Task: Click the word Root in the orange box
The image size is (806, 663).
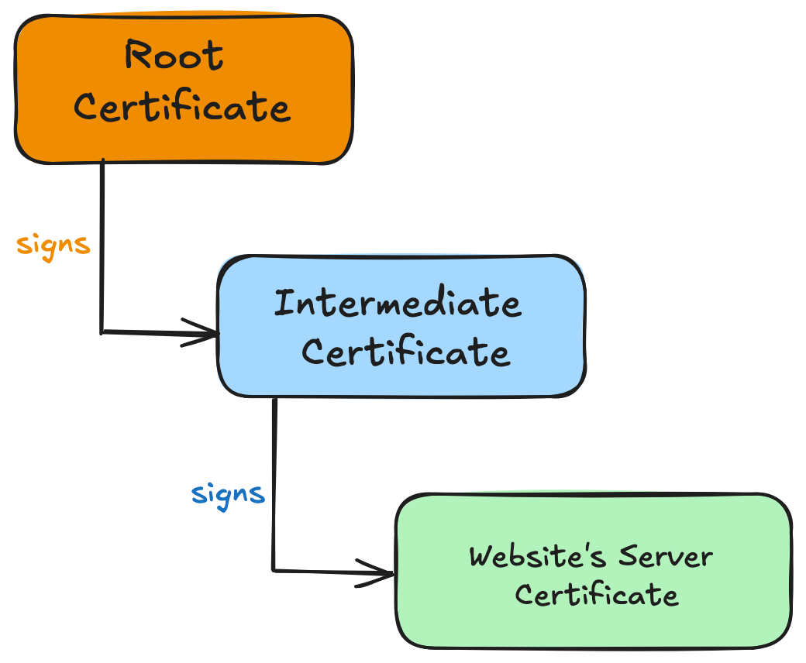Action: coord(174,56)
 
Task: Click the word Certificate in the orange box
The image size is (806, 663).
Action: coord(182,107)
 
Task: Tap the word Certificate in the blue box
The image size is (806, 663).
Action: coord(405,352)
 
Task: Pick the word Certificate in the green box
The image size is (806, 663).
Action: coord(596,595)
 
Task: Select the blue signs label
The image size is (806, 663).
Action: coord(228,493)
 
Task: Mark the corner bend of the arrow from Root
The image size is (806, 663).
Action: coord(102,333)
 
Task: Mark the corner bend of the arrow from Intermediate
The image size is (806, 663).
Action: coord(274,572)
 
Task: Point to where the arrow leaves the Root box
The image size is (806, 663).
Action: coord(102,162)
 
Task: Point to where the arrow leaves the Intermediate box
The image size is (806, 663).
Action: coord(274,398)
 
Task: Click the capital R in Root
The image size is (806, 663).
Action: coord(138,56)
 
